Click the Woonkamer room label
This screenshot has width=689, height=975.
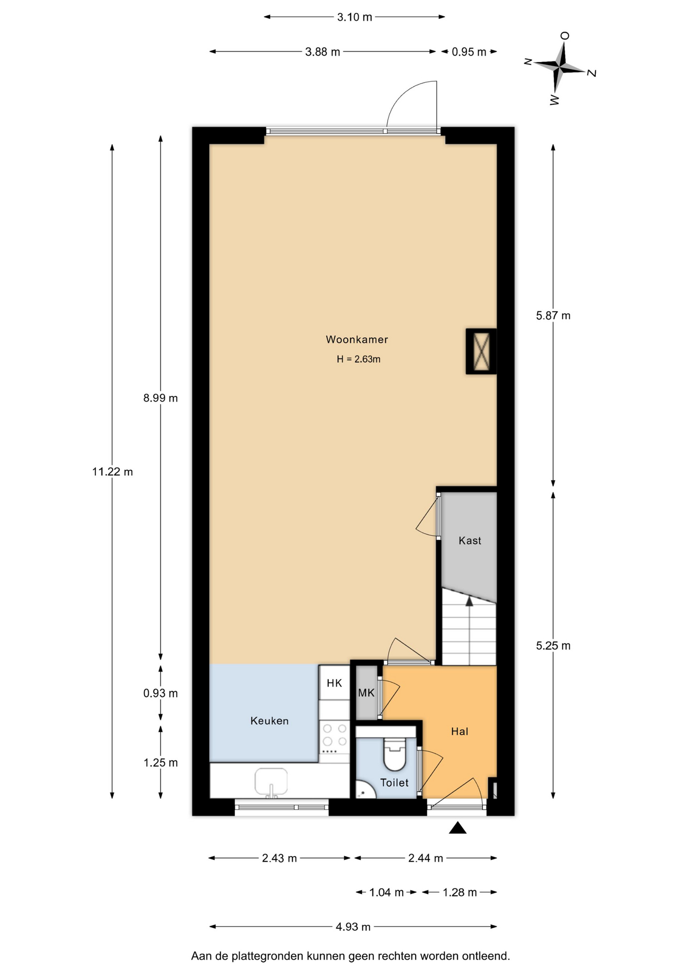coord(357,339)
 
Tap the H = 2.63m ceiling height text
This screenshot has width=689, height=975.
coord(358,359)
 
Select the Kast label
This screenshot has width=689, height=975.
coord(470,540)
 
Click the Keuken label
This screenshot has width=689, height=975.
coord(269,721)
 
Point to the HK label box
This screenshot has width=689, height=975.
coord(334,683)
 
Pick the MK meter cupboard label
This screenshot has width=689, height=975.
coord(366,693)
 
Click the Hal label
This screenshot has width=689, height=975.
coord(460,731)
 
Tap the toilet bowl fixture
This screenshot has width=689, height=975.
coord(395,754)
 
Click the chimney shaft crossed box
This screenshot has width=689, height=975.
coord(481,351)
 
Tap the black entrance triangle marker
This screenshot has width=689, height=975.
coord(458,828)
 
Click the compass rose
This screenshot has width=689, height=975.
coord(560,67)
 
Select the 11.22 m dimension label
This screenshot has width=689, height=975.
coord(113,472)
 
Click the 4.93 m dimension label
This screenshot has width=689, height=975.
coord(353,927)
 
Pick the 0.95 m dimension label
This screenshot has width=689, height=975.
coord(469,52)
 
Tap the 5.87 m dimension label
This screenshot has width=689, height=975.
coord(553,315)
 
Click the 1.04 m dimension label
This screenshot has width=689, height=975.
coord(387,892)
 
